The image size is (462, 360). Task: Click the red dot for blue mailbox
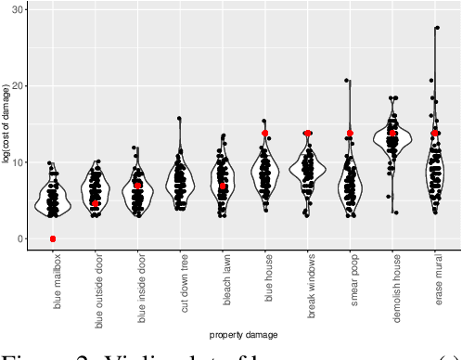pos(53,239)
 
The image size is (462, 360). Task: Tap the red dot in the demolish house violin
pos(392,134)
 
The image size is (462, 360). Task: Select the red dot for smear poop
pos(350,134)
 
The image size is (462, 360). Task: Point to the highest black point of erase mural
pos(436,28)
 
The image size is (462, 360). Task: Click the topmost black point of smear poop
pos(347,81)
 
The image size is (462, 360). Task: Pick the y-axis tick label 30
pos(19,7)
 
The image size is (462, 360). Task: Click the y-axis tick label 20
pos(19,85)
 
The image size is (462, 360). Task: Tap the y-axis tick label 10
pos(19,162)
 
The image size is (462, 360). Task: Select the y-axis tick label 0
pos(22,239)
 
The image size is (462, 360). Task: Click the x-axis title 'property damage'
pos(243,333)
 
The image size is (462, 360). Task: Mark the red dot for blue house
pos(265,134)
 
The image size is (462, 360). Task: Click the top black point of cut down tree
pos(179,119)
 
